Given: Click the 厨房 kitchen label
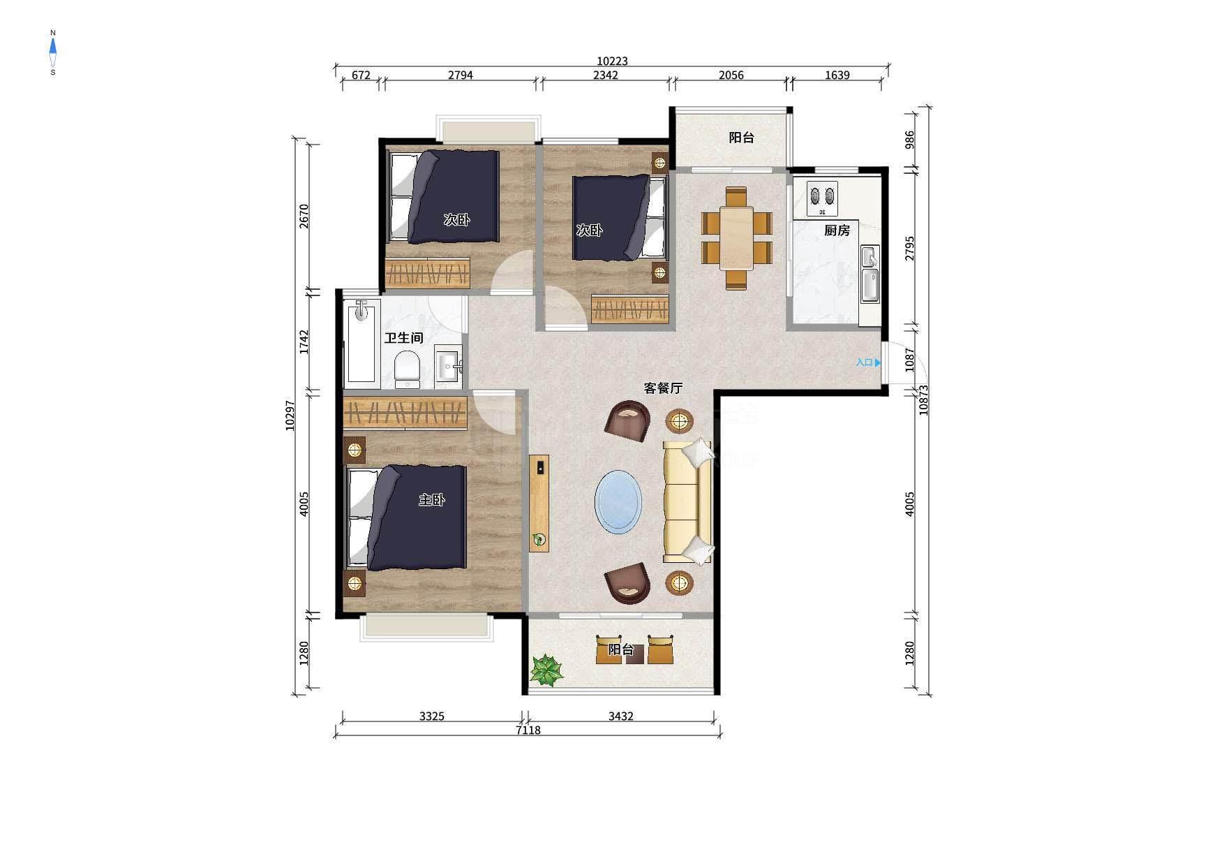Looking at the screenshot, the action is pyautogui.click(x=837, y=230).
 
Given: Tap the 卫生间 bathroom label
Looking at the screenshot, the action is pyautogui.click(x=404, y=338).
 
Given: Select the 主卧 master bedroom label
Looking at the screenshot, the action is pyautogui.click(x=431, y=500).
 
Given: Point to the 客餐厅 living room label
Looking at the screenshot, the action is pyautogui.click(x=662, y=388).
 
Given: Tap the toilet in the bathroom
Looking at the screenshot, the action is pyautogui.click(x=407, y=369).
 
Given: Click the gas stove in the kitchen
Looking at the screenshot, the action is pyautogui.click(x=822, y=198).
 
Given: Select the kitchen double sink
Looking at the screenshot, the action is pyautogui.click(x=870, y=274).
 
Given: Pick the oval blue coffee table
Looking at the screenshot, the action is pyautogui.click(x=618, y=501).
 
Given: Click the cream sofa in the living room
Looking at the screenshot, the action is pyautogui.click(x=688, y=501).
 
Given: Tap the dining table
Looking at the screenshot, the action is pyautogui.click(x=736, y=237).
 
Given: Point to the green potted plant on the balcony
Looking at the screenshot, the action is pyautogui.click(x=546, y=670).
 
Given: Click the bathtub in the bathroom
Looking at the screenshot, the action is pyautogui.click(x=361, y=343).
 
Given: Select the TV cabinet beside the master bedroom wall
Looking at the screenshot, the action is pyautogui.click(x=539, y=504).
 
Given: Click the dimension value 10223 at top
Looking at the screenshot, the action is pyautogui.click(x=612, y=61).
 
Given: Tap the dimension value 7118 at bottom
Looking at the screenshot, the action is pyautogui.click(x=528, y=731).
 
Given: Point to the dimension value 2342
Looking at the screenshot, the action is pyautogui.click(x=606, y=75).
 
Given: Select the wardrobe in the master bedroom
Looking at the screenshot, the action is pyautogui.click(x=405, y=413).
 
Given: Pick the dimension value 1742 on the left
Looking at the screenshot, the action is pyautogui.click(x=304, y=342).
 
